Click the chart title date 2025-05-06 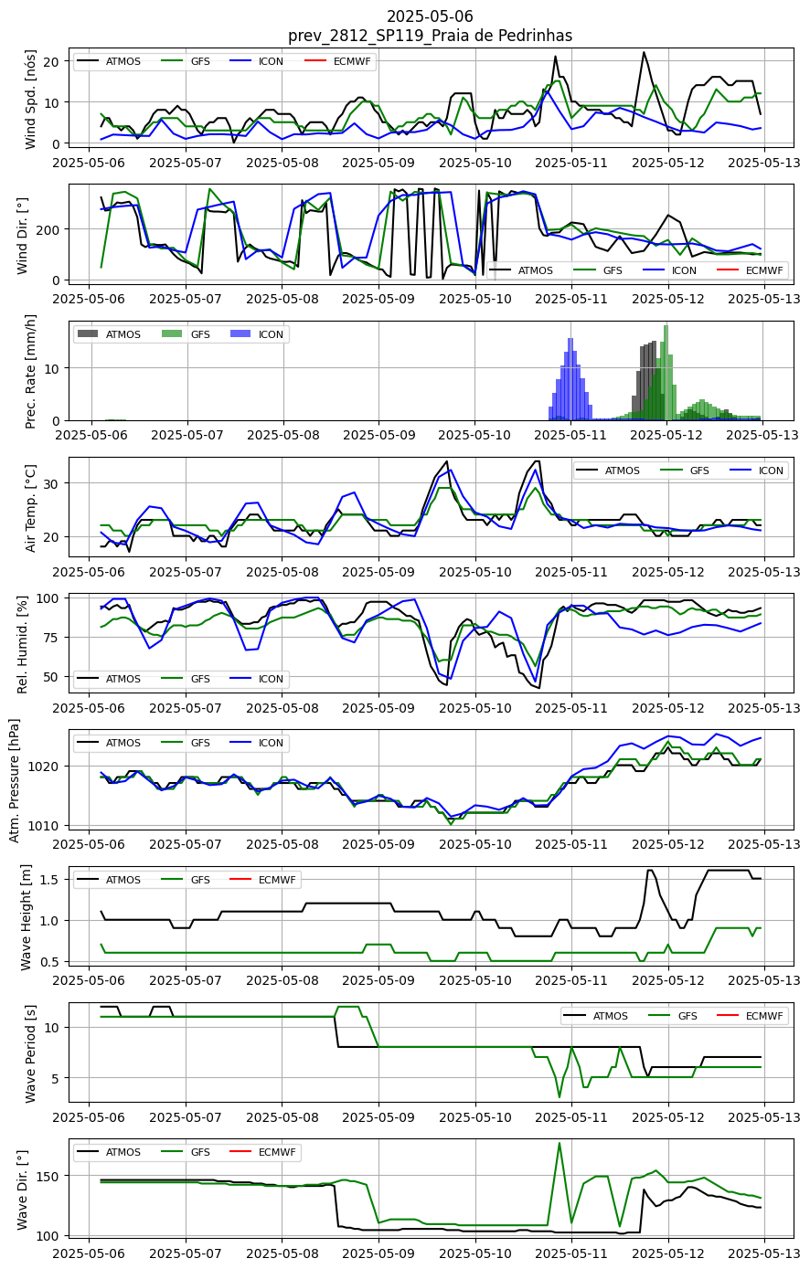[x=430, y=16]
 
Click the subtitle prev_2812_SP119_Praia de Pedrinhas [x=430, y=36]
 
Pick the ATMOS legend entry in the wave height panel [x=109, y=879]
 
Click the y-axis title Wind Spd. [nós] [x=30, y=100]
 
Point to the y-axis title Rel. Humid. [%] [x=22, y=644]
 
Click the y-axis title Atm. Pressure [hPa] [x=15, y=780]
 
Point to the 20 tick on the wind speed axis [x=51, y=61]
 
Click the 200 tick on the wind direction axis [x=48, y=229]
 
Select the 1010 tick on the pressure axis [x=44, y=825]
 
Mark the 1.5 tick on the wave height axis [x=48, y=879]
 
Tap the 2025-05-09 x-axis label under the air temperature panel [x=378, y=571]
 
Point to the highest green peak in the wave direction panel [x=560, y=1143]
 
